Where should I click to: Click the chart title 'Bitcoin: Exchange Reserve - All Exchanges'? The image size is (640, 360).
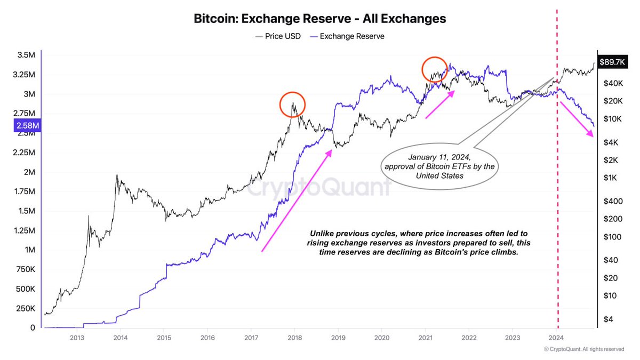319,19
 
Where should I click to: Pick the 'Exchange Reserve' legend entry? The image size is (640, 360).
348,36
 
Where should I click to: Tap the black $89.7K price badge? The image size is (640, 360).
613,62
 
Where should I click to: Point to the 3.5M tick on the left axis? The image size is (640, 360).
26,55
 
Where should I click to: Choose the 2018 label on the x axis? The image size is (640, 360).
294,338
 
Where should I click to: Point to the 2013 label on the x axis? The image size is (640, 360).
76,338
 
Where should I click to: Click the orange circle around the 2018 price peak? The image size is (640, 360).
292,105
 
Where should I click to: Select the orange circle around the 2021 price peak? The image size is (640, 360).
435,69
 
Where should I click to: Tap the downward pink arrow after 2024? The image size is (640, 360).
577,119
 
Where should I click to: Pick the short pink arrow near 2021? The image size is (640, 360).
441,104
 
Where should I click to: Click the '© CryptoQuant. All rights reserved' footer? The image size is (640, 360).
583,349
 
